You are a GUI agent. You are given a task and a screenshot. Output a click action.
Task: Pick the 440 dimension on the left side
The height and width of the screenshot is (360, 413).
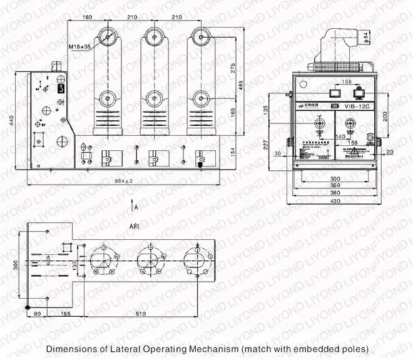point(11,121)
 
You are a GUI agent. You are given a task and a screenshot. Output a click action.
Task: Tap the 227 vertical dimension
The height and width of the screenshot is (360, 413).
point(265,144)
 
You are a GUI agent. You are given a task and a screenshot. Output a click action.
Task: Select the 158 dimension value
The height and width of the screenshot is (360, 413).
point(344,143)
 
